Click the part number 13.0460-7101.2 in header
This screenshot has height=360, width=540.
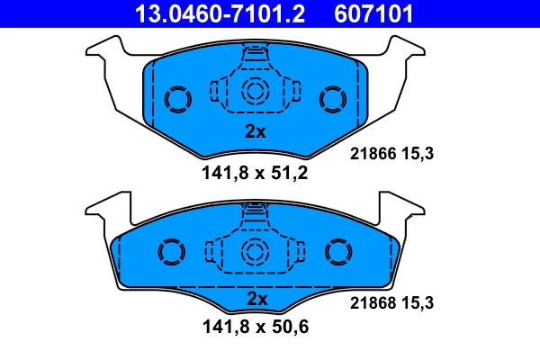point(210,13)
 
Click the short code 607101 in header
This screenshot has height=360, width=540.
point(374,13)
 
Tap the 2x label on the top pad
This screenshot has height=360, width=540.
point(256,131)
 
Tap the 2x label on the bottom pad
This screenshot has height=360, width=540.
point(256,298)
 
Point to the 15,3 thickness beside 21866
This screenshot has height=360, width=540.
point(419,154)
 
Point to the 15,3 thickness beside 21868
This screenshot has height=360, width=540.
point(419,304)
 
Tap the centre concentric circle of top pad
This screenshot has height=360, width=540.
point(256,90)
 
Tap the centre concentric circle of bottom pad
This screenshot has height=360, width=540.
point(256,251)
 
